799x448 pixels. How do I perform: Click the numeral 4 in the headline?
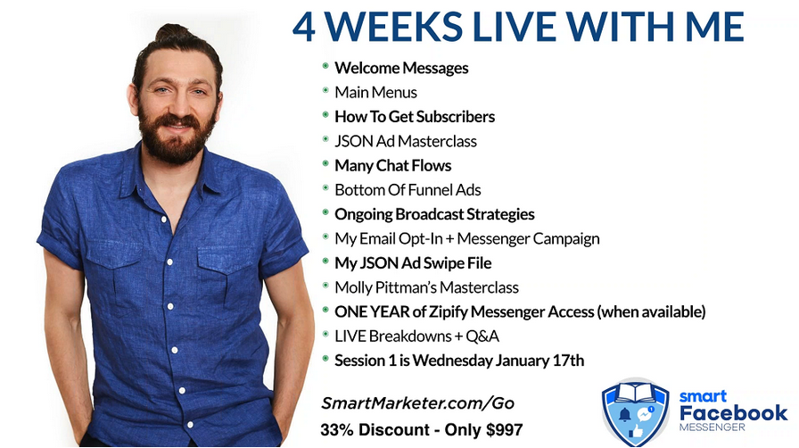tap(304, 27)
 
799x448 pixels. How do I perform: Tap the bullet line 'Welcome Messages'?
tap(401, 68)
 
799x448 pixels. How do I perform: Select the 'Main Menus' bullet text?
tap(375, 92)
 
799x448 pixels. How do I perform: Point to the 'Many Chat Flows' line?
tap(393, 166)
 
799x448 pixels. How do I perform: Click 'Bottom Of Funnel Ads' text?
tap(408, 190)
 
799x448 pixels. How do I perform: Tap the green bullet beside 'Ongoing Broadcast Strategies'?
tap(325, 212)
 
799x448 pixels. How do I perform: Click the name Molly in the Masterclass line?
tap(353, 287)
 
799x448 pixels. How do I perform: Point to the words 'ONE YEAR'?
tap(372, 311)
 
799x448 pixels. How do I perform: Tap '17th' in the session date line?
tap(568, 361)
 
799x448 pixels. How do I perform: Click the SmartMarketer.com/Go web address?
tap(417, 403)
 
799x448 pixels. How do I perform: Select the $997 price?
tap(505, 429)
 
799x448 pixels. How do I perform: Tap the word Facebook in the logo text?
tap(733, 413)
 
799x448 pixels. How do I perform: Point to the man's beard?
tap(177, 137)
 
